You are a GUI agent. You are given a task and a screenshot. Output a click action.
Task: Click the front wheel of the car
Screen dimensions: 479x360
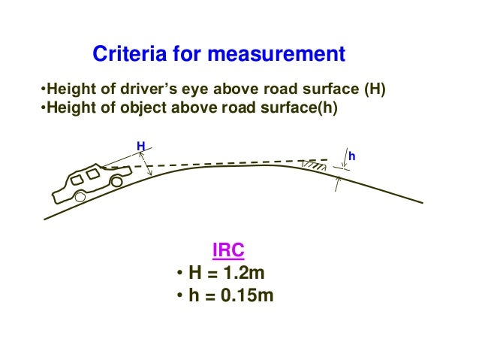click(116, 181)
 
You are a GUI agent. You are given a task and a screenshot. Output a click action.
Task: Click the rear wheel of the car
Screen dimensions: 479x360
click(79, 197)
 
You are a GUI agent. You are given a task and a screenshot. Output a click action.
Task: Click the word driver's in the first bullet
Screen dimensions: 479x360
click(155, 92)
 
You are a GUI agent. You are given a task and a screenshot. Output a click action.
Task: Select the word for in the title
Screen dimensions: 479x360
click(189, 55)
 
